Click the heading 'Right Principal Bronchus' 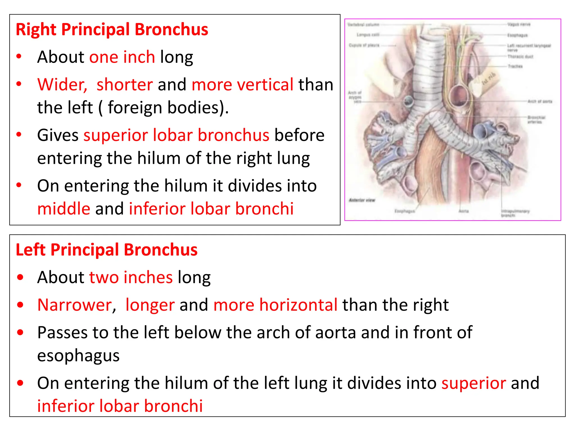pos(112,29)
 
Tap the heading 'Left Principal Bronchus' pos(107,249)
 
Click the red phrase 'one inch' pos(122,57)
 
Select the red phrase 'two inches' pos(131,277)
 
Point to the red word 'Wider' pos(62,84)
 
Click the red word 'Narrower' pos(75,305)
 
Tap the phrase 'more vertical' pos(242,84)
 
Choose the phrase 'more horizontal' pos(275,305)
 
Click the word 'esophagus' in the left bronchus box pos(78,356)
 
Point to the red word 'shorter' pos(125,84)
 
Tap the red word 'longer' pos(150,305)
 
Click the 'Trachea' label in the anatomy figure pos(515,66)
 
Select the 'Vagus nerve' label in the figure pos(519,24)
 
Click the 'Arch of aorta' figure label pos(540,101)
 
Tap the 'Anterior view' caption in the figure pos(362,200)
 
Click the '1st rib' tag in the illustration pos(489,79)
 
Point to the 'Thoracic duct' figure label pos(520,57)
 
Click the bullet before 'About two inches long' pos(20,277)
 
